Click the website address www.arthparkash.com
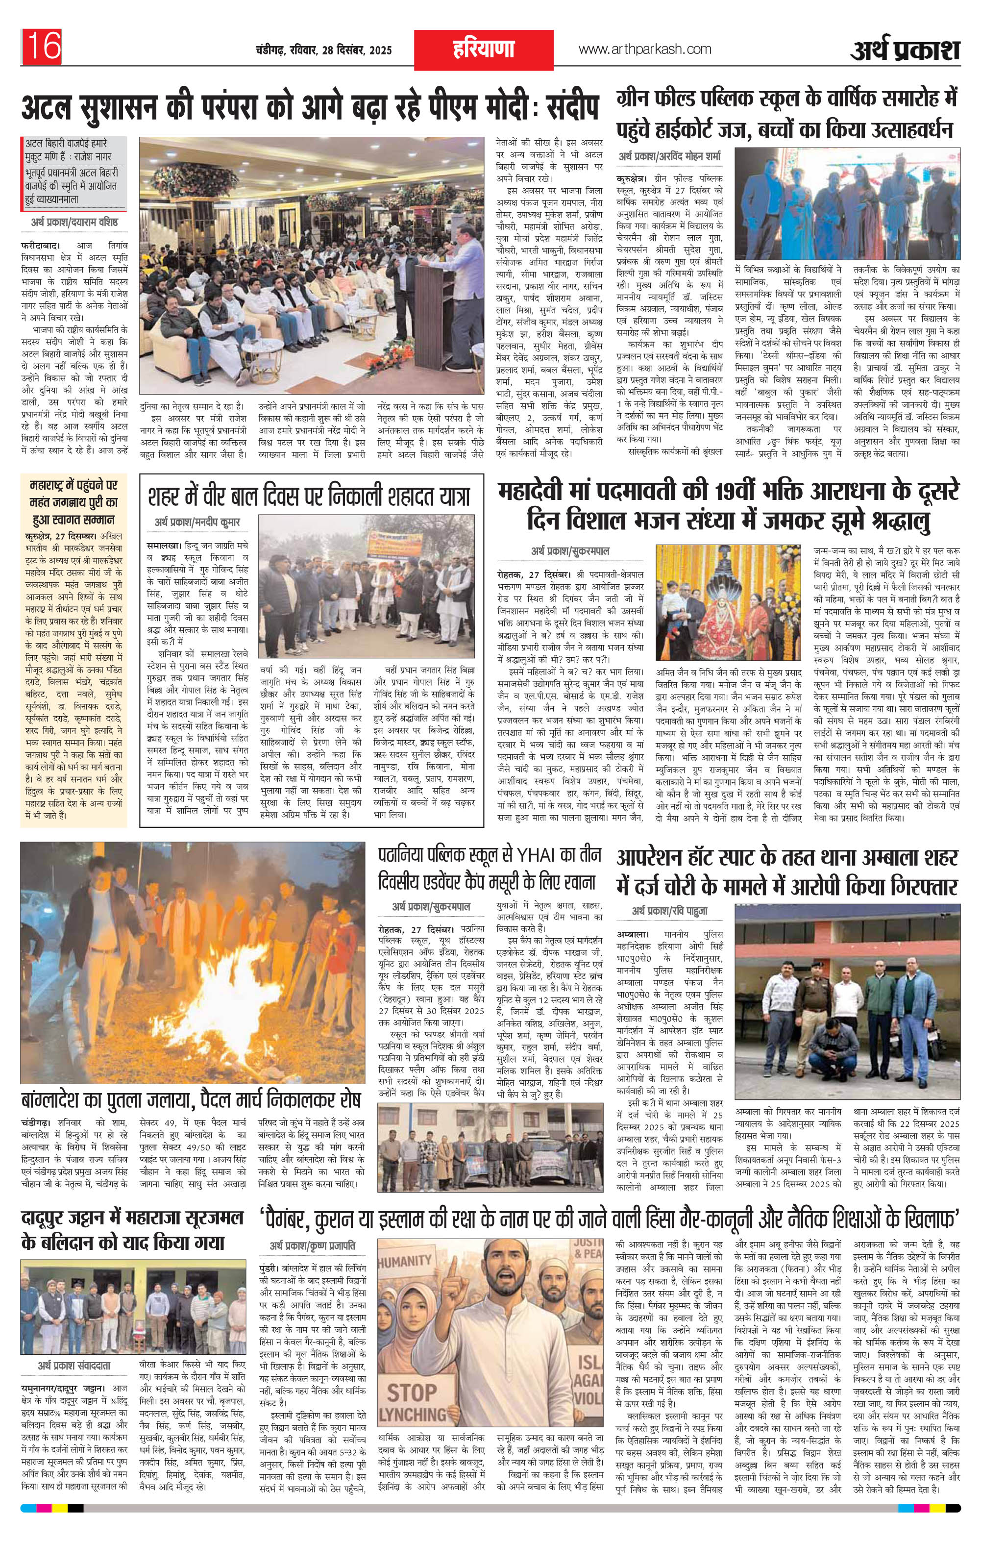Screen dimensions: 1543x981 tap(644, 50)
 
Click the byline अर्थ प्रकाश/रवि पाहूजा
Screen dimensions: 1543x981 tap(669, 910)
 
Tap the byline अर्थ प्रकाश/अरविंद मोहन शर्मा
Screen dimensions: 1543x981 tap(669, 156)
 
